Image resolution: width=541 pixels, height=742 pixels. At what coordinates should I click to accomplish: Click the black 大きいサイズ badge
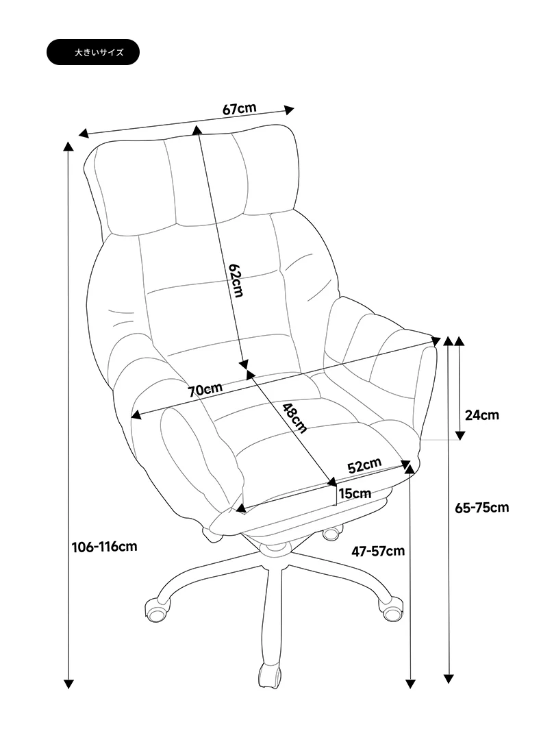pyautogui.click(x=92, y=52)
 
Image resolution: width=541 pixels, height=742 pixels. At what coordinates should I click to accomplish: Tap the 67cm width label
pyautogui.click(x=239, y=108)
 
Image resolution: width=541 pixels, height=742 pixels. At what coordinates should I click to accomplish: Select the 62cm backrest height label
pyautogui.click(x=235, y=280)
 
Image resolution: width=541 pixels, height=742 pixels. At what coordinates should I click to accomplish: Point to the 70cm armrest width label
pyautogui.click(x=205, y=391)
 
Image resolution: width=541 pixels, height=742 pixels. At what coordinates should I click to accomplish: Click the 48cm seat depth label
pyautogui.click(x=294, y=418)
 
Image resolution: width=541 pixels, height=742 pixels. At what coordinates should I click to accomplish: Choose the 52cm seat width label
pyautogui.click(x=364, y=465)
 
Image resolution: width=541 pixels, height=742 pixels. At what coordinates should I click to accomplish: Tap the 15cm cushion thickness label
pyautogui.click(x=355, y=493)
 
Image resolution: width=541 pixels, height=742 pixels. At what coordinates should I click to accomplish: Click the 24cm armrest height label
pyautogui.click(x=481, y=415)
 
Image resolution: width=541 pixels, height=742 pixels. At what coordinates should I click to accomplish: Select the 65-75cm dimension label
pyautogui.click(x=482, y=508)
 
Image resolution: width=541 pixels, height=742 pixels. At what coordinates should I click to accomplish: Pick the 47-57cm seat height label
pyautogui.click(x=378, y=551)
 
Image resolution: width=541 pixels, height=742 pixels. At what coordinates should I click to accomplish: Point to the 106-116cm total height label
pyautogui.click(x=104, y=547)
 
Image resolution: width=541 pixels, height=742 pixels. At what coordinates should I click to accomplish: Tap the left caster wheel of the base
pyautogui.click(x=157, y=610)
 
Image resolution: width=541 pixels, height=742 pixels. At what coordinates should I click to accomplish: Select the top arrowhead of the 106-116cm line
pyautogui.click(x=68, y=146)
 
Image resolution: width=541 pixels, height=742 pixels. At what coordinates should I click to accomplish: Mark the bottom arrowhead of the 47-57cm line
pyautogui.click(x=410, y=684)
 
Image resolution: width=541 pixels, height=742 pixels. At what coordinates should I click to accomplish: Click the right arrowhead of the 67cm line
pyautogui.click(x=289, y=110)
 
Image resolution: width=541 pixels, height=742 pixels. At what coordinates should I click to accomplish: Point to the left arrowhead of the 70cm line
pyautogui.click(x=136, y=415)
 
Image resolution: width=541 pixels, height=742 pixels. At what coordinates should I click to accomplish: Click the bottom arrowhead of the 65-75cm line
pyautogui.click(x=449, y=679)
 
